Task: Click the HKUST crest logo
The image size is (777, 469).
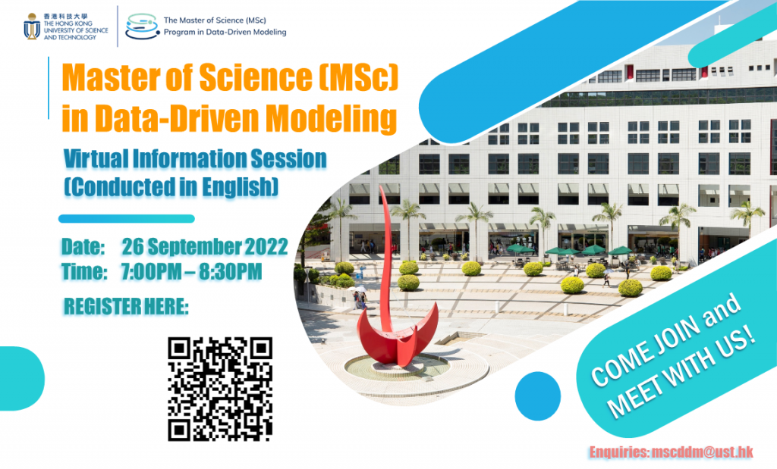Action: click(32, 27)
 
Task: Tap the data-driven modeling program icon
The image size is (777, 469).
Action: click(142, 26)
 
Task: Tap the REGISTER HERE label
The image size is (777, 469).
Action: click(126, 307)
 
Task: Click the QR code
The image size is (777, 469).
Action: click(220, 389)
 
